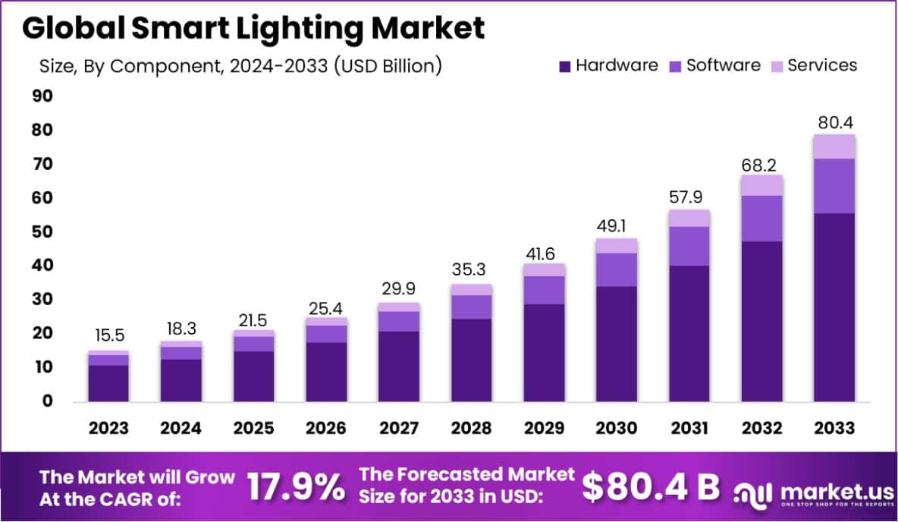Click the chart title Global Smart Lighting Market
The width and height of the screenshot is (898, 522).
click(x=253, y=28)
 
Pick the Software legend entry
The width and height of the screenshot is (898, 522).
click(x=714, y=65)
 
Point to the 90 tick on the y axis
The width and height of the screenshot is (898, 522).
click(x=42, y=96)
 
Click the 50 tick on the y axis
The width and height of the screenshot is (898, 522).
click(x=42, y=232)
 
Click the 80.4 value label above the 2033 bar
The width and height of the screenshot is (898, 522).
click(x=834, y=122)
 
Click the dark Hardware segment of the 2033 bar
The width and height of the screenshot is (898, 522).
click(x=834, y=307)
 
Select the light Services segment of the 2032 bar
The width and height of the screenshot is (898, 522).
click(x=761, y=185)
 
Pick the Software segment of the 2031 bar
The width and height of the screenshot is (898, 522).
click(x=689, y=246)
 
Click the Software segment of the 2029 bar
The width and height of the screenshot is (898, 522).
click(x=543, y=290)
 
